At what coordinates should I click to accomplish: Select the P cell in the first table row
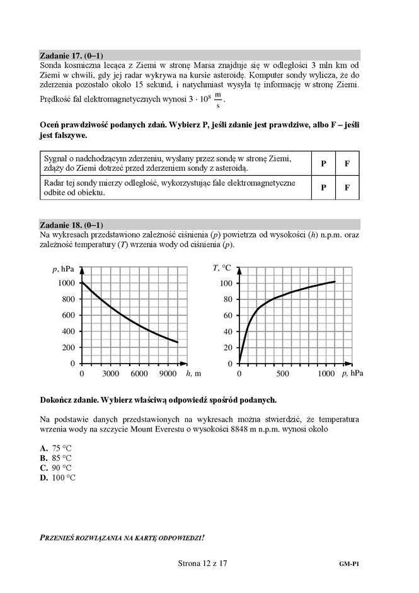coord(323,163)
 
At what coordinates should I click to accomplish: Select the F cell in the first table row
coord(347,163)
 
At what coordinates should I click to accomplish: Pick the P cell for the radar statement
coord(323,188)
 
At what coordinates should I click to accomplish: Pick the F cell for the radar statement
coord(347,188)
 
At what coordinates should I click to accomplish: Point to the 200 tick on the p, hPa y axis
coord(67,347)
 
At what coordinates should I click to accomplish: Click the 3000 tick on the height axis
coord(111,374)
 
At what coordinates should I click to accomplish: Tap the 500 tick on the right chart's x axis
coord(283,374)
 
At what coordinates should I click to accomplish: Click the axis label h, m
coord(193,373)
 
